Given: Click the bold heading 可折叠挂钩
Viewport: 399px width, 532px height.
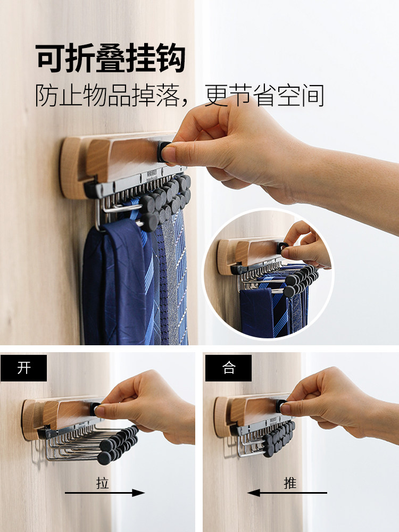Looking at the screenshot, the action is [111, 59].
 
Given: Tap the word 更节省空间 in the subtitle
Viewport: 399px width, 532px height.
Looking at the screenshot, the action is [264, 95].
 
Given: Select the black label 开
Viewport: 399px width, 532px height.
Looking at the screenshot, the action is [23, 368].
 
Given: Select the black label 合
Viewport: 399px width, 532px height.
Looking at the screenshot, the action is [228, 368].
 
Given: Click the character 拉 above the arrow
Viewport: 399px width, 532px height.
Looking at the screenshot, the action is [102, 483].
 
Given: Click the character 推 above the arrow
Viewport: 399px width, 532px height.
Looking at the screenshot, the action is [290, 483].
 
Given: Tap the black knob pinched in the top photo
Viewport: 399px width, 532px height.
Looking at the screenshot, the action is [163, 151].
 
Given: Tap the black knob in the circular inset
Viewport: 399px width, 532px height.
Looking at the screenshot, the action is [281, 248].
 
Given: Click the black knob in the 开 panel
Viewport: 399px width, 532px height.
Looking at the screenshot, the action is [94, 409].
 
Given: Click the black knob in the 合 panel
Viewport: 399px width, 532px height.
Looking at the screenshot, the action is [280, 406].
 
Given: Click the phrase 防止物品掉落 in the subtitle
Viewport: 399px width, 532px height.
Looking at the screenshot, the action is [107, 95].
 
